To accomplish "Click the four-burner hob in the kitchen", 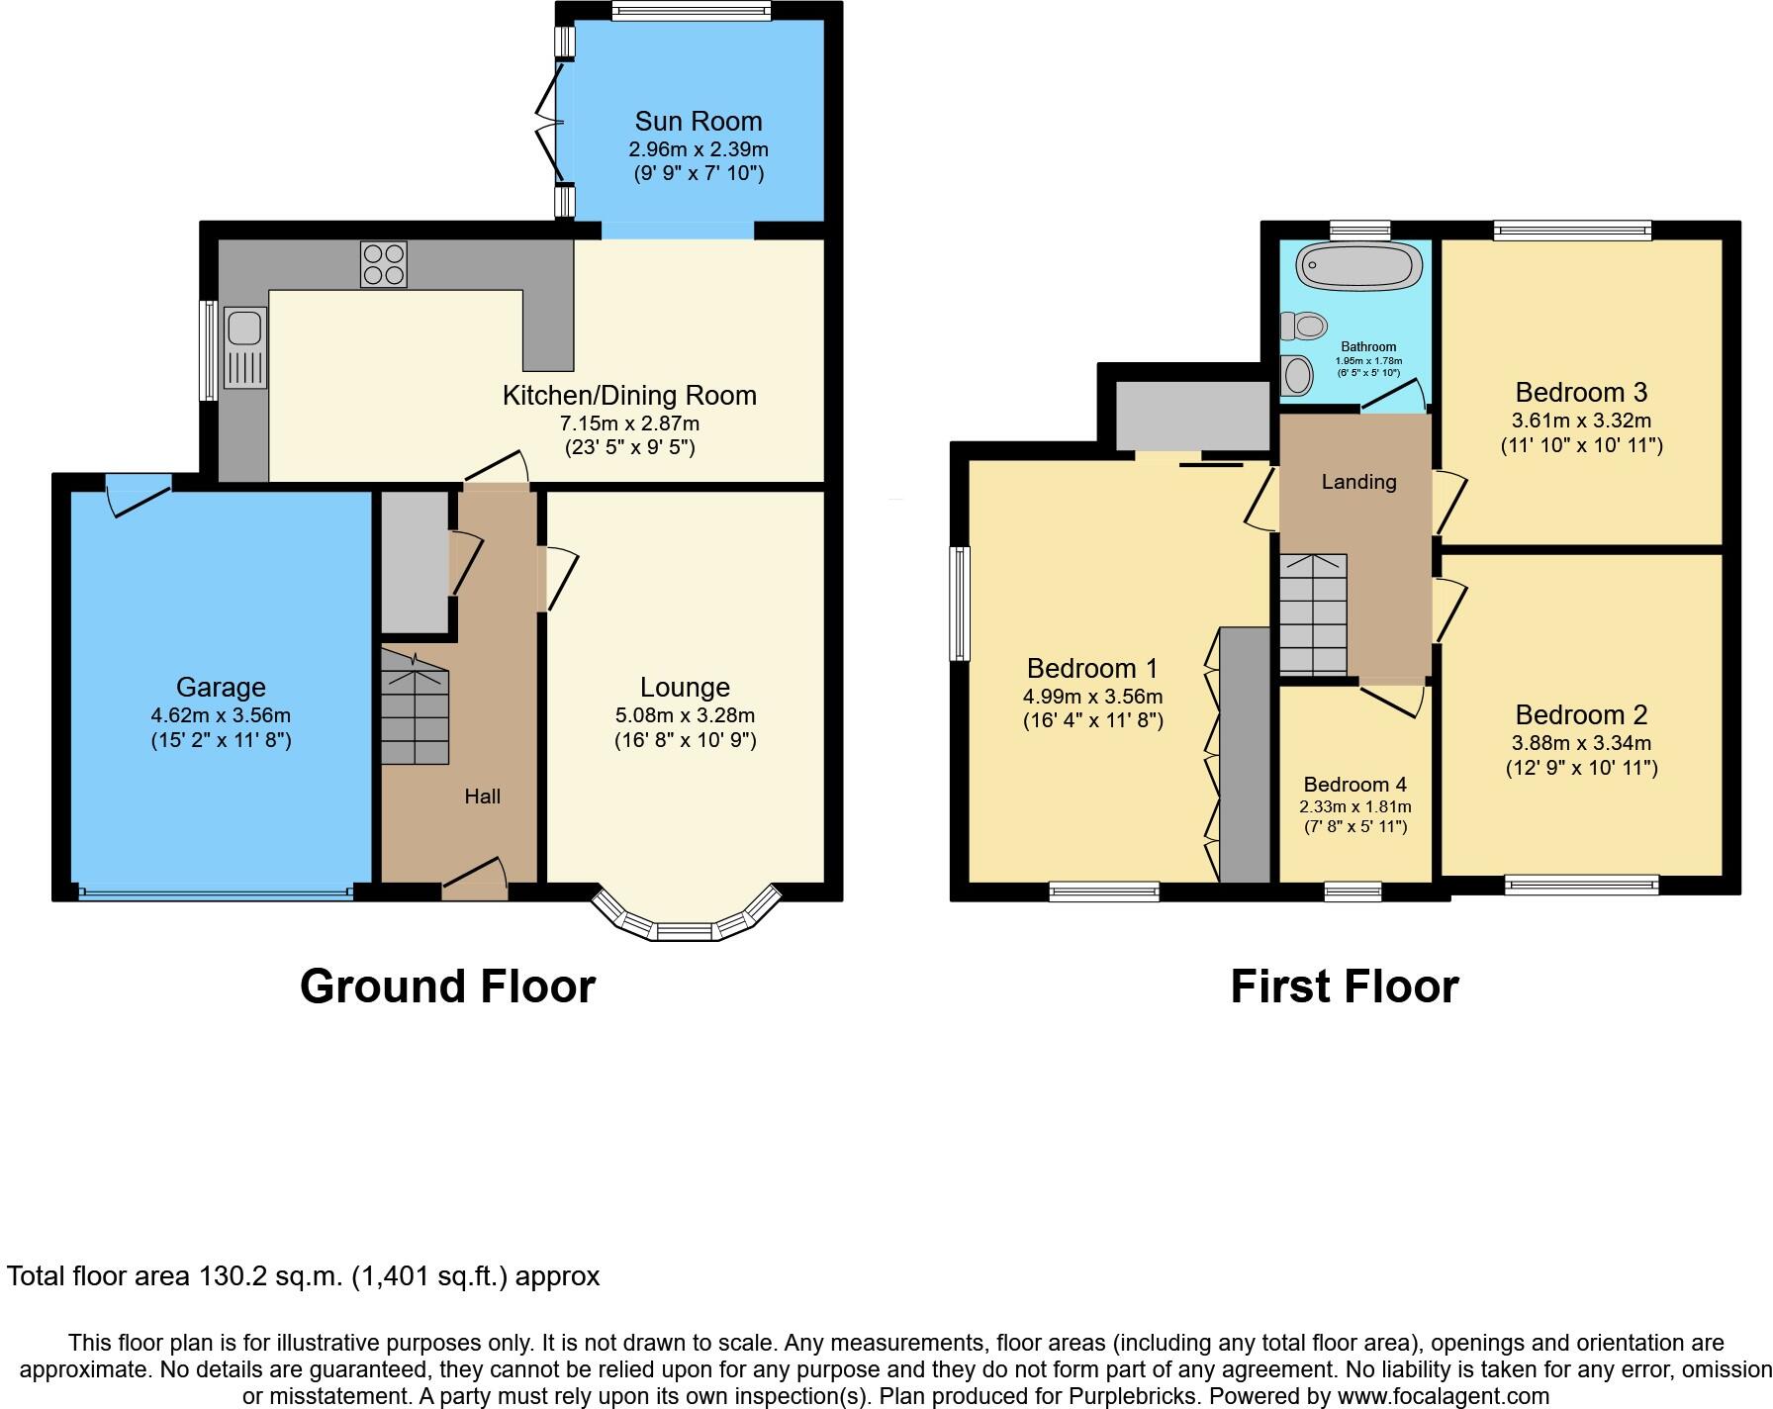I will [x=384, y=264].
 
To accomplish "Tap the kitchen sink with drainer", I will [x=244, y=347].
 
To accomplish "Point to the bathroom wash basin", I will [x=1295, y=374].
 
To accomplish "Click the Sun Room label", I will [x=699, y=121].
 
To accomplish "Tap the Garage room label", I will [x=221, y=687].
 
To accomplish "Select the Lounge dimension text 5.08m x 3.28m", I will [x=685, y=714].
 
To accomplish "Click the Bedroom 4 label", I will [x=1354, y=784].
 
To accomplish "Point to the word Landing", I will [x=1358, y=482].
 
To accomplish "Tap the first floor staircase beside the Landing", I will [x=1313, y=614].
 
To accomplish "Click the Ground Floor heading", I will [x=447, y=986].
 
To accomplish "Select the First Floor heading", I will [x=1344, y=986].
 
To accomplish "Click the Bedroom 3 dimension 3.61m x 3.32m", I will [x=1581, y=420].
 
